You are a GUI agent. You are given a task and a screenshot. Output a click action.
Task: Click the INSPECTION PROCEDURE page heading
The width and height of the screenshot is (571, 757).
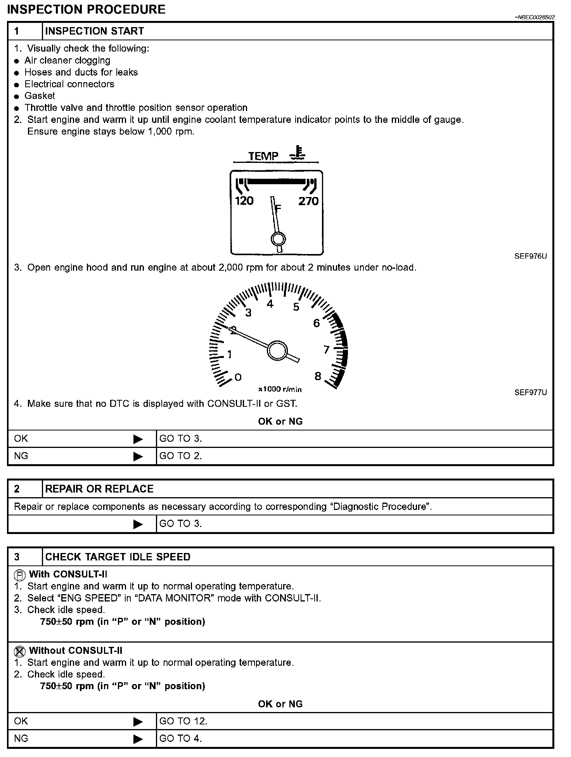[86, 9]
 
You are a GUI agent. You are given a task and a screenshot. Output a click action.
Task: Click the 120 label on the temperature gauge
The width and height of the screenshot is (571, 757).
[244, 201]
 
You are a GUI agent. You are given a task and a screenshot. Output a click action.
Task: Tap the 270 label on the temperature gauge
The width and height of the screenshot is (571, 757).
[308, 201]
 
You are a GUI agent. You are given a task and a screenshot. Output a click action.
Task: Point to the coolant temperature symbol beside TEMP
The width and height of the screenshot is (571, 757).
[298, 154]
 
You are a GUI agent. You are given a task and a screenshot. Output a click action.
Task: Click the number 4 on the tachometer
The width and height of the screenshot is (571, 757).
[270, 304]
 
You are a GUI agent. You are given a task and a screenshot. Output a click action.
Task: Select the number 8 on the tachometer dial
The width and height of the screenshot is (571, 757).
[318, 376]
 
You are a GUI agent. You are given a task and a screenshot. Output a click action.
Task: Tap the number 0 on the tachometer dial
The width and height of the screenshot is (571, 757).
[238, 377]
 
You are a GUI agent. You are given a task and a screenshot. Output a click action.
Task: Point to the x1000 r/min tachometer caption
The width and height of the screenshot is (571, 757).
[280, 389]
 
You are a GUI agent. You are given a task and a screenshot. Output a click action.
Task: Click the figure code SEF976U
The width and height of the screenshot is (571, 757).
[530, 256]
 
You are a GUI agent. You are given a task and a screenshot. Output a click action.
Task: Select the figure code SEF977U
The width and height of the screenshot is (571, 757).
[530, 392]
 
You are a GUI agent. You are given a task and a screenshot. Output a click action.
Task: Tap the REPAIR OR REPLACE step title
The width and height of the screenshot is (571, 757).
[99, 489]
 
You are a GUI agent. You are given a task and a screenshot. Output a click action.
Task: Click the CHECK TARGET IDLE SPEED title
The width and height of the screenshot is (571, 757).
[118, 557]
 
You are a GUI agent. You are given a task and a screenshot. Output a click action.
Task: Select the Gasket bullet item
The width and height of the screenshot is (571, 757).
[40, 96]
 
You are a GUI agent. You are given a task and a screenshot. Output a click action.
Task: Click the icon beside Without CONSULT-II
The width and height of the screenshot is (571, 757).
[19, 651]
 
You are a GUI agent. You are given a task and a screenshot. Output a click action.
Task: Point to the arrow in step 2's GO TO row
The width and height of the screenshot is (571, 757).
[138, 524]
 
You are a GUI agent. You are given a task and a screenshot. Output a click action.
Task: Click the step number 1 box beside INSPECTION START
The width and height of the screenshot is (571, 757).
[17, 31]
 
